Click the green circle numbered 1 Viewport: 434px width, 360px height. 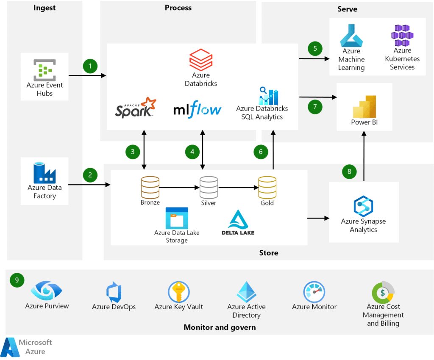tap(90, 66)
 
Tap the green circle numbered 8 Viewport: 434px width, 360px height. tap(349, 172)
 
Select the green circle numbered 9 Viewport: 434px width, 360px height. tap(17, 280)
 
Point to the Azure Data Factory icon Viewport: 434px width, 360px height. tap(45, 173)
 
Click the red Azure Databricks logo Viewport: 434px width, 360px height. tap(200, 59)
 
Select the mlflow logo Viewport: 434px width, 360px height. tap(198, 110)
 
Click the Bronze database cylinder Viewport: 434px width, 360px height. tap(150, 187)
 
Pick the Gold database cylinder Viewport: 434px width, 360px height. tap(267, 187)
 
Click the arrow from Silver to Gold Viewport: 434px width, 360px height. tap(238, 187)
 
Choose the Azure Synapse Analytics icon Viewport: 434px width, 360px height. tap(363, 206)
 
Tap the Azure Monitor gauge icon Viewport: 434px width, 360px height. tap(314, 292)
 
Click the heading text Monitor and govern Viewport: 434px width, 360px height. tap(220, 327)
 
